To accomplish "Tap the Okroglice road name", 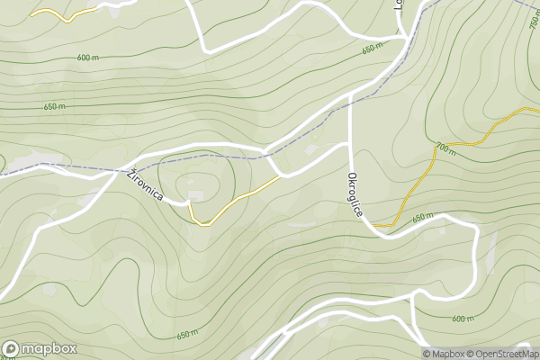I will (x=355, y=194).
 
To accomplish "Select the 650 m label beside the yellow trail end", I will (x=423, y=219).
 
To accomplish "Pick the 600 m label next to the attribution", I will (x=462, y=319).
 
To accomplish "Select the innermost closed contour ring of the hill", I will (x=200, y=184).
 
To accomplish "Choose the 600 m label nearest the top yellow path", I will (x=87, y=58).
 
